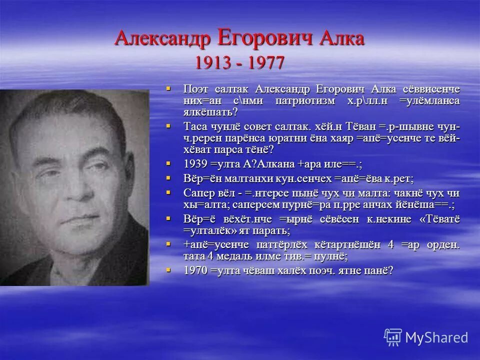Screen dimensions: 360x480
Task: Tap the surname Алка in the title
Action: pyautogui.click(x=340, y=39)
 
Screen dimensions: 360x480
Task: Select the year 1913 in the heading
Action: pyautogui.click(x=213, y=62)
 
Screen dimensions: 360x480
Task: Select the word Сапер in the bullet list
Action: pyautogui.click(x=197, y=193)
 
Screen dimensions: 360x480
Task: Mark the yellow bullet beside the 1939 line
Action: pyautogui.click(x=169, y=163)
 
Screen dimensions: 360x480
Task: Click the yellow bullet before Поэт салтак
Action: pyautogui.click(x=169, y=88)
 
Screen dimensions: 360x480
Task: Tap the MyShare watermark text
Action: pyautogui.click(x=436, y=337)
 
